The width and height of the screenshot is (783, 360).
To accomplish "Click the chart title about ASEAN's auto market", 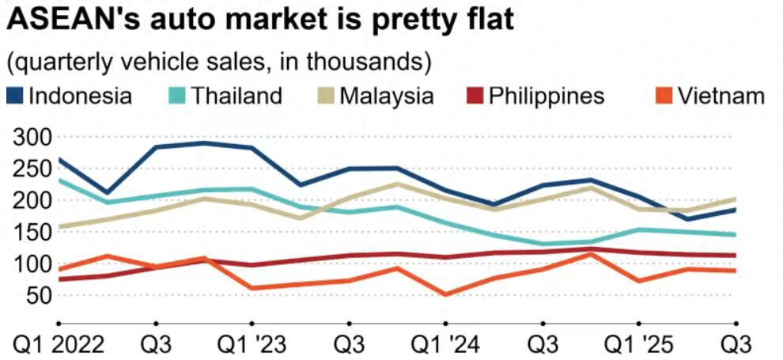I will (x=261, y=20).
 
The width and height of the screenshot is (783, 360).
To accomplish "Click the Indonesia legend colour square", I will (x=14, y=97).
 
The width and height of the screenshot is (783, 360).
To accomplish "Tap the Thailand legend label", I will (x=236, y=97).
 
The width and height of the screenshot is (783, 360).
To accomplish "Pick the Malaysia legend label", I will (x=386, y=97).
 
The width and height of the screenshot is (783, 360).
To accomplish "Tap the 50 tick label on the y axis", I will (x=38, y=295).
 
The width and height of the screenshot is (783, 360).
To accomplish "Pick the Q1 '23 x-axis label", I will (x=252, y=345).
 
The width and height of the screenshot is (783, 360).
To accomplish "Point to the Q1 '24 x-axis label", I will (x=445, y=345).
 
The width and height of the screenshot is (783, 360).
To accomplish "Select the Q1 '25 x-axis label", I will (x=638, y=345).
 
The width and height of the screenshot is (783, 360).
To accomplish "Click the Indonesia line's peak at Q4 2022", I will (x=204, y=143).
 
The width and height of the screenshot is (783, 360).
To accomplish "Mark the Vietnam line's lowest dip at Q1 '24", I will (x=445, y=294).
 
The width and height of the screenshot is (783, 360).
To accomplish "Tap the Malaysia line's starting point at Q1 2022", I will (x=60, y=226).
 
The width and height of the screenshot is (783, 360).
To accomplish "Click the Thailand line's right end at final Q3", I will (x=735, y=234).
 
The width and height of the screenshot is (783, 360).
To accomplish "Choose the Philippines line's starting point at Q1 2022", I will (x=60, y=279).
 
